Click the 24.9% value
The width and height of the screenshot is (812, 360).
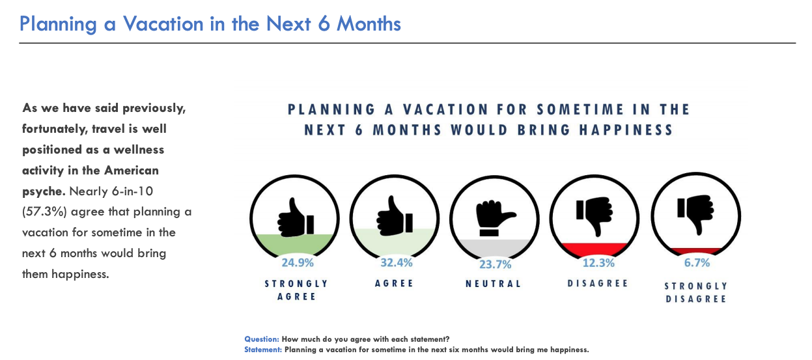point(298,262)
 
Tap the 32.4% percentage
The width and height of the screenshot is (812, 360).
point(396,262)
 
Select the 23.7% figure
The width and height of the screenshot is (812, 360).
point(495,264)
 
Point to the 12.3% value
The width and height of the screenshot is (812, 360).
point(598,262)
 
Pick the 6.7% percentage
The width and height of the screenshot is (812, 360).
point(697,262)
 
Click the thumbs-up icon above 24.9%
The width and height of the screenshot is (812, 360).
point(296,217)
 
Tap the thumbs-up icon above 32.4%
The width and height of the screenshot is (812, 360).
point(395,215)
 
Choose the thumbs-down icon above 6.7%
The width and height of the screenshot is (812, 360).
point(695,214)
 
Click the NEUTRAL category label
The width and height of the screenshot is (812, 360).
point(494,283)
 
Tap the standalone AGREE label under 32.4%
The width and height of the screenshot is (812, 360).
point(394,283)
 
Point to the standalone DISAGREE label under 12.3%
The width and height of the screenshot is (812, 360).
point(597,283)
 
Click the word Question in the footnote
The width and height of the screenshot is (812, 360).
point(261,339)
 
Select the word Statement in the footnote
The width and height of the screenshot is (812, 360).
point(263,350)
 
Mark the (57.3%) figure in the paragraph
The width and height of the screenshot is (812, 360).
point(44,212)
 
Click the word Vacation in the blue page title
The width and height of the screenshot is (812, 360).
point(163,24)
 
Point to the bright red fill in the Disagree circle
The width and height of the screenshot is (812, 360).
point(594,249)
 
